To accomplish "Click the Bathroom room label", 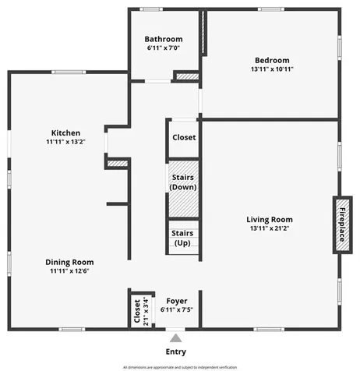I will pyautogui.click(x=164, y=39).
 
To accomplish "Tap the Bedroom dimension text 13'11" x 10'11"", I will pyautogui.click(x=271, y=69).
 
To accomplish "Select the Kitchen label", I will pyautogui.click(x=66, y=132).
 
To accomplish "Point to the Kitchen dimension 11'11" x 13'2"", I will pyautogui.click(x=66, y=142).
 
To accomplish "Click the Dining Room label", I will pyautogui.click(x=70, y=262).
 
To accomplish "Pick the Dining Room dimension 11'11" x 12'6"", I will pyautogui.click(x=70, y=272).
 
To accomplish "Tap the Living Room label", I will pyautogui.click(x=270, y=219).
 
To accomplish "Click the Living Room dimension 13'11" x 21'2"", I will pyautogui.click(x=270, y=229).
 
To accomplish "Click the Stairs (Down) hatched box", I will pyautogui.click(x=183, y=182).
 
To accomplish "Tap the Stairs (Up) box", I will pyautogui.click(x=182, y=238).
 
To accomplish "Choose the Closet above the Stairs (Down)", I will pyautogui.click(x=183, y=137).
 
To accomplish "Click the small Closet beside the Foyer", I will pyautogui.click(x=137, y=311).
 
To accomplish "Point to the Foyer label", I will pyautogui.click(x=177, y=300).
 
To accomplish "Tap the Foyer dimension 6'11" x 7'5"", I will pyautogui.click(x=177, y=309).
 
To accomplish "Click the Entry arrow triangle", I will pyautogui.click(x=176, y=338).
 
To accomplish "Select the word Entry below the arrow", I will pyautogui.click(x=176, y=352).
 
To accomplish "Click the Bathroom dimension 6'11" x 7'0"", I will pyautogui.click(x=164, y=48).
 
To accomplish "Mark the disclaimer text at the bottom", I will pyautogui.click(x=179, y=366).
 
